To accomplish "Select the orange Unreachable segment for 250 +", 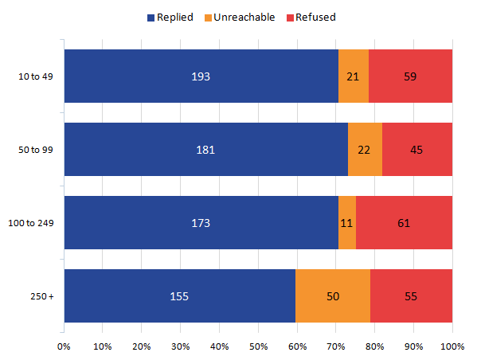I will pyautogui.click(x=332, y=296).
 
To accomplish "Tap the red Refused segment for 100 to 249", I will pyautogui.click(x=404, y=223).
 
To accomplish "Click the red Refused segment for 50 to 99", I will pyautogui.click(x=416, y=150).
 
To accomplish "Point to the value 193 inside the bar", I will pyautogui.click(x=200, y=76).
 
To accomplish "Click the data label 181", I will pyautogui.click(x=205, y=150).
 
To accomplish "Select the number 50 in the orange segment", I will pyautogui.click(x=332, y=296).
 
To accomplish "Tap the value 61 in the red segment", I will pyautogui.click(x=404, y=223).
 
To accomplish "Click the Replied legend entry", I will pyautogui.click(x=169, y=17).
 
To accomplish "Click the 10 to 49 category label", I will pyautogui.click(x=36, y=76).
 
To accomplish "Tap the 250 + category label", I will pyautogui.click(x=41, y=296).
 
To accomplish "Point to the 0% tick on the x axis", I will pyautogui.click(x=64, y=346).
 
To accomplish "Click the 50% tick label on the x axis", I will pyautogui.click(x=258, y=346).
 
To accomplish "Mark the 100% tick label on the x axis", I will pyautogui.click(x=452, y=346).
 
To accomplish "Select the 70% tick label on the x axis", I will pyautogui.click(x=336, y=346).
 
